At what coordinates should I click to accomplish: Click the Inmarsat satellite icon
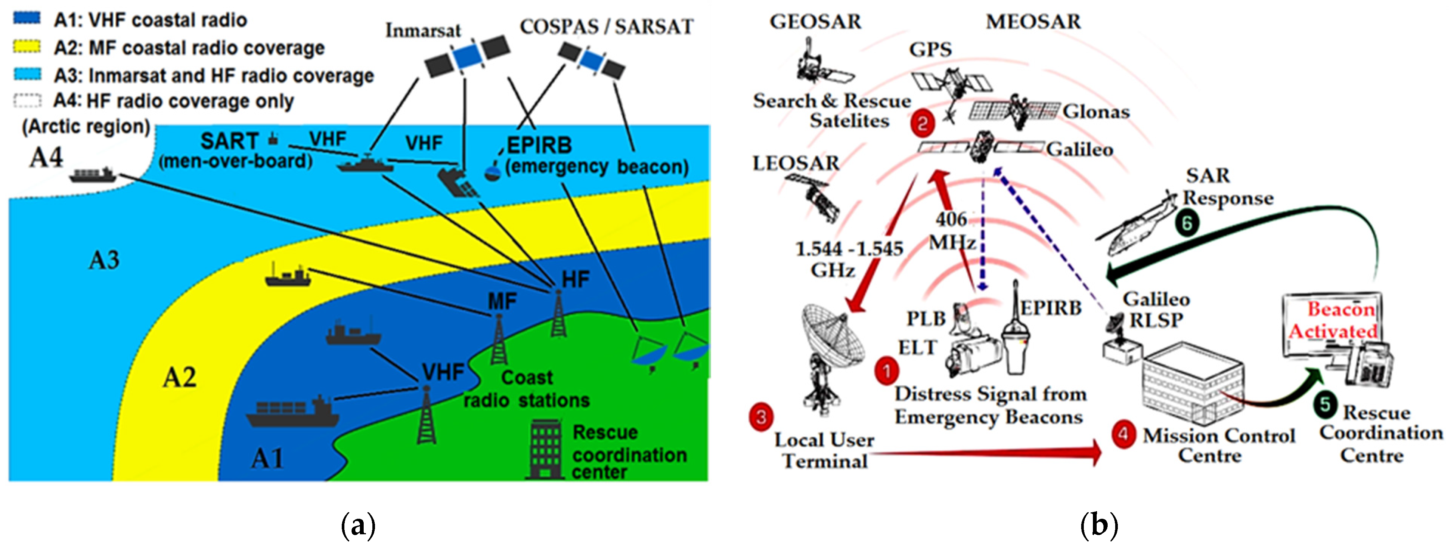coord(466,57)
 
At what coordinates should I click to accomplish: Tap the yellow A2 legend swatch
coord(26,47)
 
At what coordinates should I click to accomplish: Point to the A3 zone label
coord(104,260)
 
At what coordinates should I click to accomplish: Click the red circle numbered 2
coord(922,123)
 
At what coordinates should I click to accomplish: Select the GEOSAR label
coord(815,22)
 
